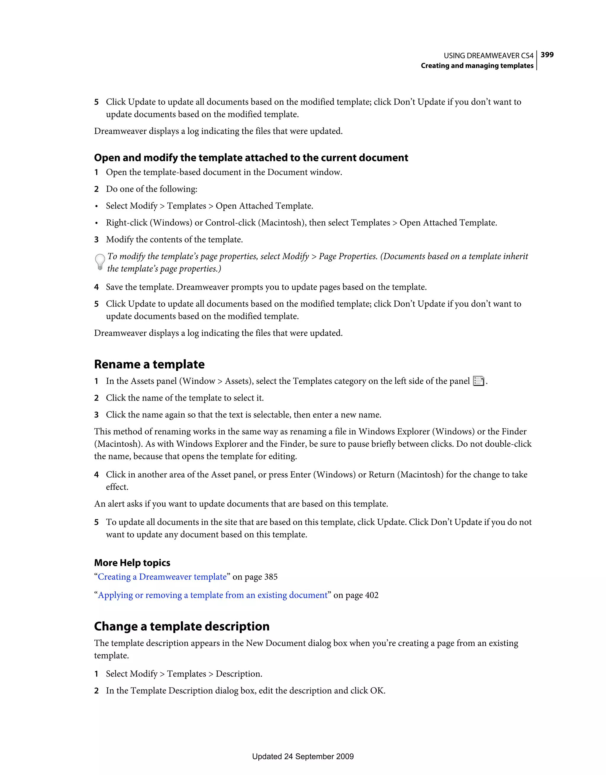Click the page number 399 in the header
[547, 55]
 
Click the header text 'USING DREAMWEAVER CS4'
[488, 56]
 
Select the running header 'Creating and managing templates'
[477, 66]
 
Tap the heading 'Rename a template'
[149, 364]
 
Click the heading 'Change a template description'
[181, 626]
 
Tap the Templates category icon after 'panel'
[478, 381]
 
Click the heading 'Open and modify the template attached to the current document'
[251, 158]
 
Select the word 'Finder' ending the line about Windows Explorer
[514, 431]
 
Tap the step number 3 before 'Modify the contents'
[96, 240]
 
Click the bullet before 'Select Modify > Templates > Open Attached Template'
[96, 206]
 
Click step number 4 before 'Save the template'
[96, 287]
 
